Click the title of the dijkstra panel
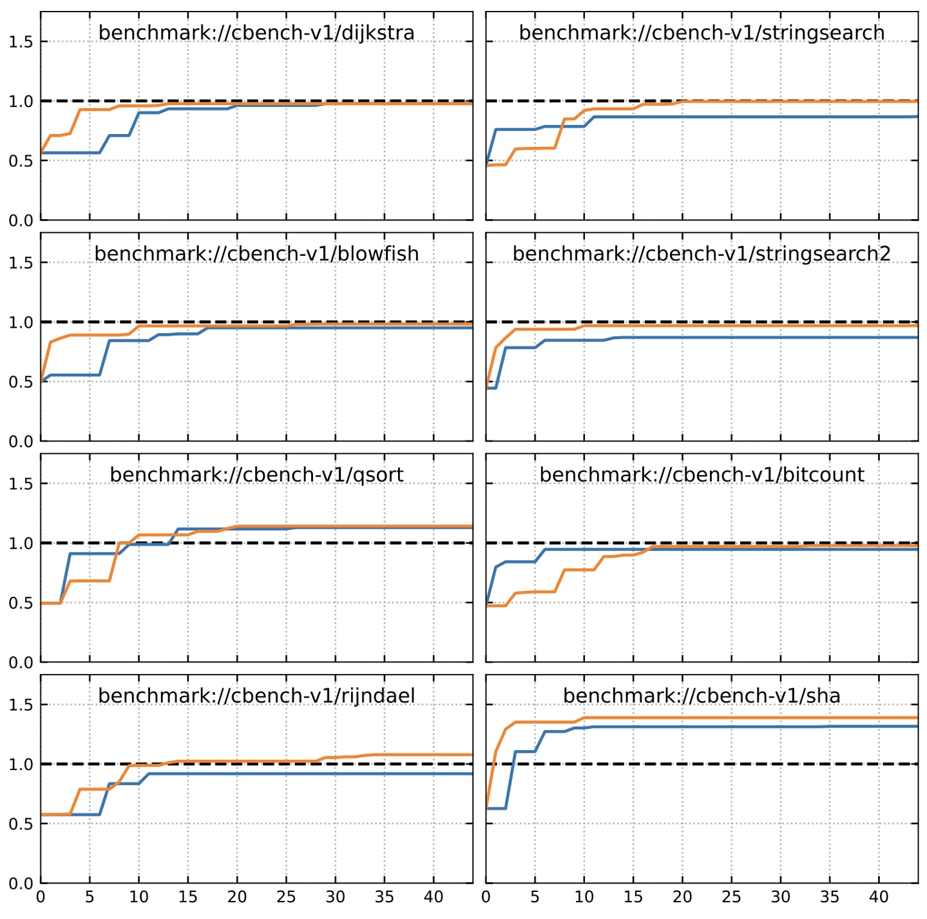(x=256, y=32)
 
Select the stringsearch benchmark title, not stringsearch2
(x=702, y=32)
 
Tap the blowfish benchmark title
(x=256, y=253)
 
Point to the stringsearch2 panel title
(x=702, y=253)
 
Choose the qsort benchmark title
(x=256, y=474)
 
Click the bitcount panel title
(x=702, y=474)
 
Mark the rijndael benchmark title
(x=256, y=695)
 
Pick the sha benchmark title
(x=702, y=695)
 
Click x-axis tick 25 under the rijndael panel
(x=286, y=897)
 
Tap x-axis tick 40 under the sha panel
(x=879, y=897)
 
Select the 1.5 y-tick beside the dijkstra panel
(x=21, y=42)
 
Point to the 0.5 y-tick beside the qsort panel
(x=21, y=603)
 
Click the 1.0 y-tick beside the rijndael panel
(x=21, y=764)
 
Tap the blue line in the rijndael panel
(x=322, y=773)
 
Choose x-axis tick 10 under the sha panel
(x=584, y=897)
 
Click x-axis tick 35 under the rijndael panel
(x=385, y=897)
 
